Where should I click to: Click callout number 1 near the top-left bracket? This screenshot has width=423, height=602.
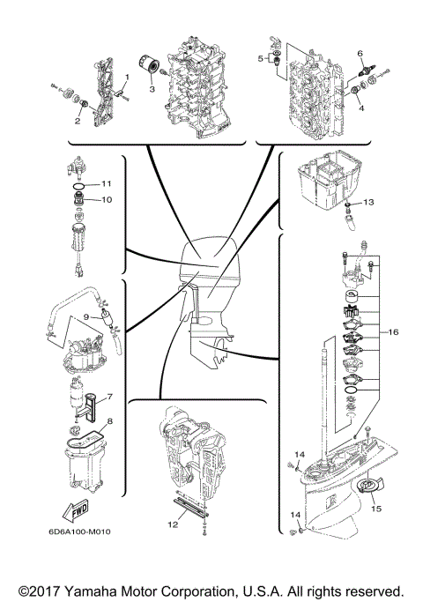[126, 78]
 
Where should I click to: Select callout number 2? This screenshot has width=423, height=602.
[78, 121]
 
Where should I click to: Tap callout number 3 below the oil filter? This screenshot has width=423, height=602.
[151, 89]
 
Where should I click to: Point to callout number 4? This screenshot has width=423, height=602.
[360, 109]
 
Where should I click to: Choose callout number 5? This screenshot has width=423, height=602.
[260, 58]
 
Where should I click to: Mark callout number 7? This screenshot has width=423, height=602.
[110, 397]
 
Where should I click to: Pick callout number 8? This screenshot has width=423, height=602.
[110, 422]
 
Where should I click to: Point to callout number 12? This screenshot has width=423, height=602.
[174, 524]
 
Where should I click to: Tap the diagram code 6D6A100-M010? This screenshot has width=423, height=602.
[67, 532]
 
